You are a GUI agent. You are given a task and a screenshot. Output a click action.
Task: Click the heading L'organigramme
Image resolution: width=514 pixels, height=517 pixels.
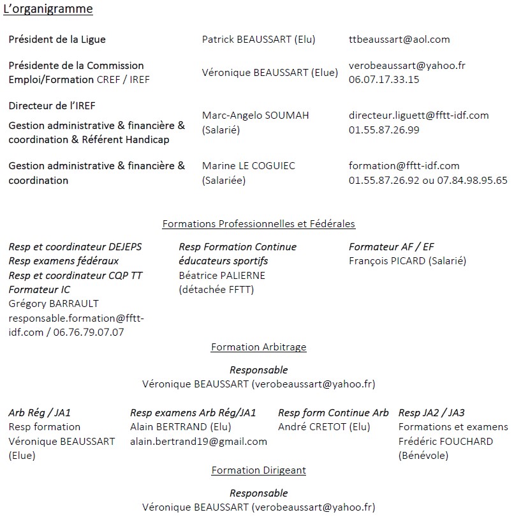[x=48, y=9]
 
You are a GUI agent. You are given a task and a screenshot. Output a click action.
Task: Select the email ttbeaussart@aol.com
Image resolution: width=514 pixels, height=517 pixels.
[x=399, y=39]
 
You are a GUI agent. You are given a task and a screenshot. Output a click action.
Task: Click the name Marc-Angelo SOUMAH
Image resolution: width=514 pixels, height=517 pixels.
[x=255, y=116]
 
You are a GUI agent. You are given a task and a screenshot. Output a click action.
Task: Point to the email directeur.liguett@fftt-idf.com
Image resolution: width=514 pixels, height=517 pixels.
[x=418, y=116]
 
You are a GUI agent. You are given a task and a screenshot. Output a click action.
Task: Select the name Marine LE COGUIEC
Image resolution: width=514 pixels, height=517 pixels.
[x=248, y=166]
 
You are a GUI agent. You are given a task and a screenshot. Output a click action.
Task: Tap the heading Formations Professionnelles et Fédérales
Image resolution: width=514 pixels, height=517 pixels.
[x=258, y=224]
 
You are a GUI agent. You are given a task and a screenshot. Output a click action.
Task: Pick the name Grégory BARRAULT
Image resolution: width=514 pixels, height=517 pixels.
[x=54, y=304]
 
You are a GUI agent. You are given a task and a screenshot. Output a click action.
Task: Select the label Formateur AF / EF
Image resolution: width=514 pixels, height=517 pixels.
[x=392, y=247]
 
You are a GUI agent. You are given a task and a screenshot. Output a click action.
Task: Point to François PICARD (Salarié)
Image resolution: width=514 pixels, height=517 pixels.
[x=407, y=261]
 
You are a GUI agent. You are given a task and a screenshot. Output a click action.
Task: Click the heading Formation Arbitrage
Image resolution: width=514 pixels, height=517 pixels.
[x=258, y=347]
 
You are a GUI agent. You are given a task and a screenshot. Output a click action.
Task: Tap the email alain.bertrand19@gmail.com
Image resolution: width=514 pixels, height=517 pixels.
[x=198, y=442]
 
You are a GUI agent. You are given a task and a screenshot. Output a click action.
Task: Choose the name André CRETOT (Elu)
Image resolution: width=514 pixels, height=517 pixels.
[x=324, y=427]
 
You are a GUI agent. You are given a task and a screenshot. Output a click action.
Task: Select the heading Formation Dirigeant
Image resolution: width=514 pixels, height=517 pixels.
[x=258, y=470]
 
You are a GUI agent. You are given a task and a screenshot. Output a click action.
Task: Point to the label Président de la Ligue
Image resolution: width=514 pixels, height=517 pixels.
[x=57, y=40]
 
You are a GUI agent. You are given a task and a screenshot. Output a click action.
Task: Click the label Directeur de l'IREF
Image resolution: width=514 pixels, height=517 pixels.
[x=52, y=106]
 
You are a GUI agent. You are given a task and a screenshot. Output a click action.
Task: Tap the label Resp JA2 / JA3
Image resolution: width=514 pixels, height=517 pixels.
[x=431, y=413]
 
